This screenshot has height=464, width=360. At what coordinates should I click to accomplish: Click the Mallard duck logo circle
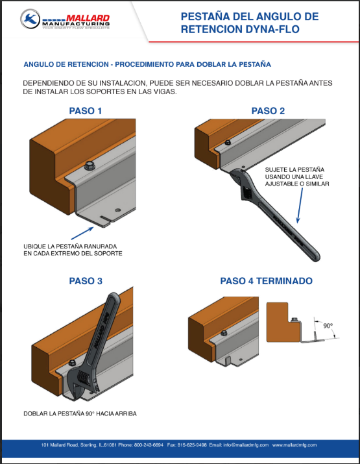(30, 19)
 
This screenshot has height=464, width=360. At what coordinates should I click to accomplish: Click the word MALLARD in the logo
(88, 18)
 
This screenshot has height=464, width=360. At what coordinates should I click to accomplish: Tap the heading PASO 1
(86, 111)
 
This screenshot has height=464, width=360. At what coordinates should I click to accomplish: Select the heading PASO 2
(268, 111)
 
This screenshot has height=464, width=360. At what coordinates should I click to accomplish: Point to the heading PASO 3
(86, 281)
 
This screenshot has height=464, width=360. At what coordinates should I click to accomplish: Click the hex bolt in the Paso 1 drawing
(90, 165)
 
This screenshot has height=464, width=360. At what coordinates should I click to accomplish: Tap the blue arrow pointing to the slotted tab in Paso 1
(82, 233)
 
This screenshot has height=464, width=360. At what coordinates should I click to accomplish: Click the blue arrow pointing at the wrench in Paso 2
(300, 205)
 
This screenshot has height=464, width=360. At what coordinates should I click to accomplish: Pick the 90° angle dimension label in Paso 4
(328, 326)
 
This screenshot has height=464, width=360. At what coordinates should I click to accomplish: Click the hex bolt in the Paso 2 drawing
(228, 142)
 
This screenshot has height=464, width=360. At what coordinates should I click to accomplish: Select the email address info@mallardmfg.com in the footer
(246, 445)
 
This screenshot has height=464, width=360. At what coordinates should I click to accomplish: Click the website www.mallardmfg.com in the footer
(294, 445)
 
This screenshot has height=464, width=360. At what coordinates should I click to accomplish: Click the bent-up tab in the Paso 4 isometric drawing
(227, 360)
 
